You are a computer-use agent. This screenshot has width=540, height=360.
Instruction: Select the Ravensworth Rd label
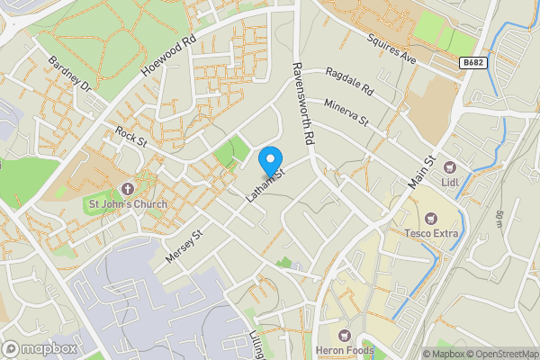point(301,103)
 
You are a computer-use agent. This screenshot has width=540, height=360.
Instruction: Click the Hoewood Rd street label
point(169,55)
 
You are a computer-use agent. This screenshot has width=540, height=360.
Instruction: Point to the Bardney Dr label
point(70,76)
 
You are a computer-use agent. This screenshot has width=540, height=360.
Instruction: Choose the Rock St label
point(131,139)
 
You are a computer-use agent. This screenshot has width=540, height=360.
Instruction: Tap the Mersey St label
point(185,245)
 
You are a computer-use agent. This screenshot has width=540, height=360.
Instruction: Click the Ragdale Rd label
point(349,83)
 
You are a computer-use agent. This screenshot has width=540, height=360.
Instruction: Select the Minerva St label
point(347,113)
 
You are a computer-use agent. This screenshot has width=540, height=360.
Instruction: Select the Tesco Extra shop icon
point(431,218)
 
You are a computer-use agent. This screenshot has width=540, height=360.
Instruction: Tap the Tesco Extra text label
point(431,234)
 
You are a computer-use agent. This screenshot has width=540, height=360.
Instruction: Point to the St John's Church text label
point(127,204)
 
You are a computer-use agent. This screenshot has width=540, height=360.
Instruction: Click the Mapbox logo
point(40,348)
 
